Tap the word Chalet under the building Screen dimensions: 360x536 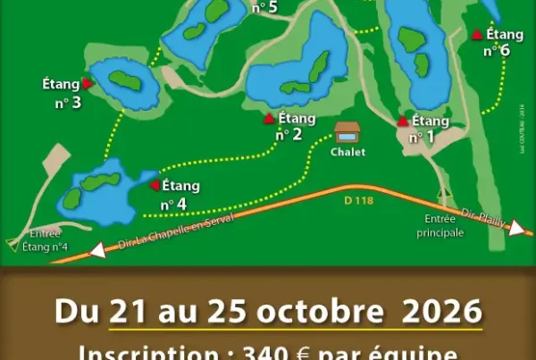pyautogui.click(x=348, y=152)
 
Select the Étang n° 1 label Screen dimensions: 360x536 pyautogui.click(x=426, y=129)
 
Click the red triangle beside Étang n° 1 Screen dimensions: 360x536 pyautogui.click(x=403, y=121)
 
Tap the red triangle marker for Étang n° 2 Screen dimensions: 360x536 pyautogui.click(x=269, y=118)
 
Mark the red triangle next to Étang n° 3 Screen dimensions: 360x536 pyautogui.click(x=88, y=83)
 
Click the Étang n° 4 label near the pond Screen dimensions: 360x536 pyautogui.click(x=177, y=195)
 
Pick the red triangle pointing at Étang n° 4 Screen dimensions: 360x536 pyautogui.click(x=154, y=186)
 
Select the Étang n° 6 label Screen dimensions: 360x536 pyautogui.click(x=501, y=42)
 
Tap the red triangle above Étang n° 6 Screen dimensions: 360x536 pyautogui.click(x=477, y=34)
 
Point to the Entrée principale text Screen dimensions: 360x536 pyautogui.click(x=440, y=227)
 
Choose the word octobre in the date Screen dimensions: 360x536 pyautogui.click(x=317, y=312)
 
